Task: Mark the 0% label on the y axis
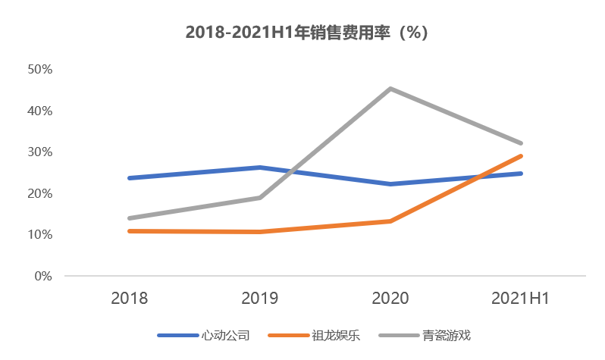pyautogui.click(x=42, y=277)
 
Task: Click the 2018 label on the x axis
pyautogui.click(x=130, y=299)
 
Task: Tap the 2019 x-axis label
pyautogui.click(x=260, y=299)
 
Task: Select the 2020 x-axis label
pyautogui.click(x=390, y=299)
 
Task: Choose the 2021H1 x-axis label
pyautogui.click(x=521, y=299)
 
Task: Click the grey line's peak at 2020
pyautogui.click(x=390, y=89)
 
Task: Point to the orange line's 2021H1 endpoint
pyautogui.click(x=521, y=156)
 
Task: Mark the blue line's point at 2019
pyautogui.click(x=260, y=167)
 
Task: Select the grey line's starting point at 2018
pyautogui.click(x=130, y=218)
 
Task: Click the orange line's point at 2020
pyautogui.click(x=390, y=221)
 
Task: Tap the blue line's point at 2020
pyautogui.click(x=390, y=184)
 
